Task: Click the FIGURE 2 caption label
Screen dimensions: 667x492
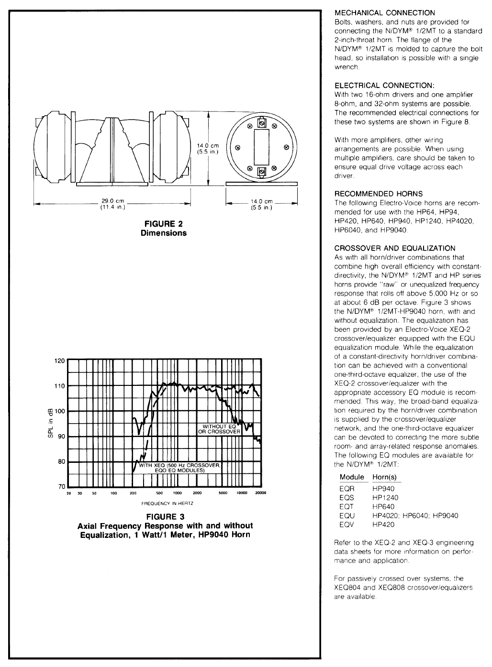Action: coord(164,224)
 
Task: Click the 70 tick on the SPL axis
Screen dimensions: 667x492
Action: coord(61,487)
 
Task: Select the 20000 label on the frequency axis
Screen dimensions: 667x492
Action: coord(260,493)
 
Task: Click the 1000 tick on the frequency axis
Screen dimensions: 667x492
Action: coord(178,493)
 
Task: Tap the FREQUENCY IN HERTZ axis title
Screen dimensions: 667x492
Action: coord(164,503)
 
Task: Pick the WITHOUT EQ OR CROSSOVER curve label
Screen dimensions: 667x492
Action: coord(219,429)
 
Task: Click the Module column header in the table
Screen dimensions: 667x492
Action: coord(352,477)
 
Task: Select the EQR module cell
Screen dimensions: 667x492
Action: coord(347,489)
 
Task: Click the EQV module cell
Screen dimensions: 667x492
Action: coord(347,525)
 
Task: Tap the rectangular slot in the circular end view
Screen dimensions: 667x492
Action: coord(262,147)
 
